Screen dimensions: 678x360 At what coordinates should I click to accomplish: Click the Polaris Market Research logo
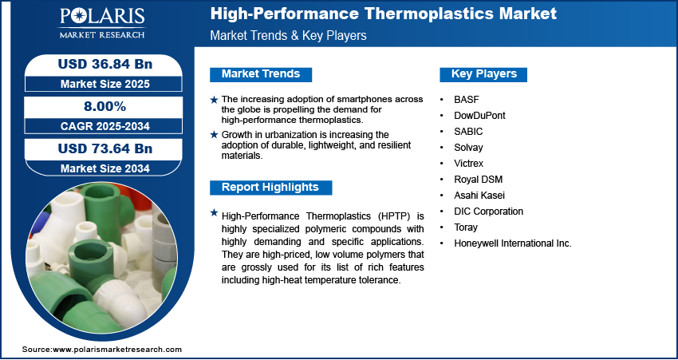click(x=102, y=23)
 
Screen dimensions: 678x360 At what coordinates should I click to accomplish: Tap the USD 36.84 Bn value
click(x=105, y=64)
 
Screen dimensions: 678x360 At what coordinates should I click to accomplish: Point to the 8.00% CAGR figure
click(x=104, y=106)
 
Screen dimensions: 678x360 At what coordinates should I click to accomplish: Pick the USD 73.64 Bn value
click(x=105, y=148)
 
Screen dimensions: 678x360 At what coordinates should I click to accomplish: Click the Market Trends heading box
click(x=261, y=74)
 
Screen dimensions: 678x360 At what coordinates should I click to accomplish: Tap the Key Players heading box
click(x=483, y=74)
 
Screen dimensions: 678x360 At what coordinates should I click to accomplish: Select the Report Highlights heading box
click(x=270, y=188)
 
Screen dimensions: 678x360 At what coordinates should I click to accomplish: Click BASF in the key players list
click(x=467, y=100)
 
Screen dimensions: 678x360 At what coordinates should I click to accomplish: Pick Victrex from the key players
click(x=469, y=164)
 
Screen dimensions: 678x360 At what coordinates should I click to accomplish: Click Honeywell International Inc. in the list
click(x=512, y=243)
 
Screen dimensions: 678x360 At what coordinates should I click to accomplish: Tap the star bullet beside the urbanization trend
click(x=214, y=135)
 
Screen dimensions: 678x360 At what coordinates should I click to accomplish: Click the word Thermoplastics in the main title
click(x=427, y=14)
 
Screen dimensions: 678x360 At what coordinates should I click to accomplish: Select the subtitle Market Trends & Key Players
click(x=288, y=35)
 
